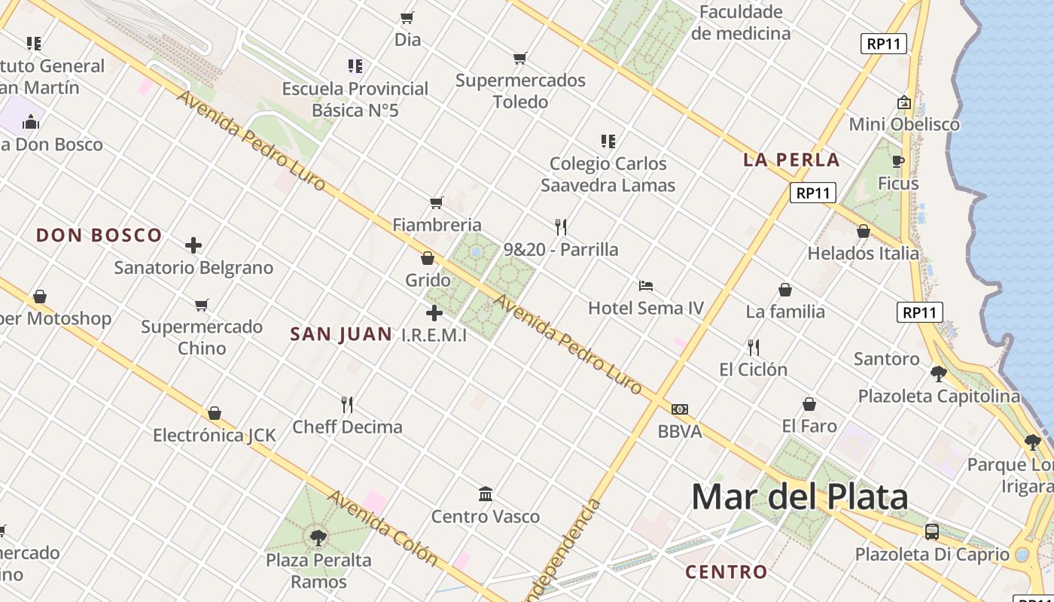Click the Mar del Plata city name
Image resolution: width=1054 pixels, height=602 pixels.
(x=800, y=497)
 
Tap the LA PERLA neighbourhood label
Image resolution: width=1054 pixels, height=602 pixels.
(x=791, y=160)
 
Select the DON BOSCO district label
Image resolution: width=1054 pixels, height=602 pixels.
(x=99, y=236)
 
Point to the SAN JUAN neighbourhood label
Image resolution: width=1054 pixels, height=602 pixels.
(x=341, y=334)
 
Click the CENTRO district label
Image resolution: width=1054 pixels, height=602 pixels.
(x=726, y=572)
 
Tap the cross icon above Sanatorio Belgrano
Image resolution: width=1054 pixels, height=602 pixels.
(x=193, y=245)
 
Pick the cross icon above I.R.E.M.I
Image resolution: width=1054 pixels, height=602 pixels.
(x=434, y=313)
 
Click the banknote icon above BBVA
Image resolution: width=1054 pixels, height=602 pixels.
(x=679, y=409)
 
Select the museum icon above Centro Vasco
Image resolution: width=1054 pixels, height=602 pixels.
(x=486, y=494)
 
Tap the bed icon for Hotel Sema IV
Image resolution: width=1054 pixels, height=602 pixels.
(x=645, y=286)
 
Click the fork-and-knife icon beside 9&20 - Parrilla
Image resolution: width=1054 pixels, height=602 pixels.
(x=560, y=227)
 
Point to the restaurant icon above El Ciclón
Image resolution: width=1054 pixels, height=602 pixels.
(x=753, y=347)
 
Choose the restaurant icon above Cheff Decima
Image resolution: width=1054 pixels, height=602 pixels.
(x=347, y=405)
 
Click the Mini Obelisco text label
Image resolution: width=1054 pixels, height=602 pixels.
(x=904, y=125)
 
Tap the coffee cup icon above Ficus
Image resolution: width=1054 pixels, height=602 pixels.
(x=897, y=161)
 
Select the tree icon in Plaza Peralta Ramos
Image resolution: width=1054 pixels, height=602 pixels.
(x=318, y=537)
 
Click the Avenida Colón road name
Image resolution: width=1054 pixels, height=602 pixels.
(x=382, y=528)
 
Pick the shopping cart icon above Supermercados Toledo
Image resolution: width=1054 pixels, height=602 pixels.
(x=519, y=58)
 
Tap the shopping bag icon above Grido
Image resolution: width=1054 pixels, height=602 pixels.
(x=428, y=258)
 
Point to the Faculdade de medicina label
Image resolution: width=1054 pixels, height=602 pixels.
(x=741, y=23)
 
